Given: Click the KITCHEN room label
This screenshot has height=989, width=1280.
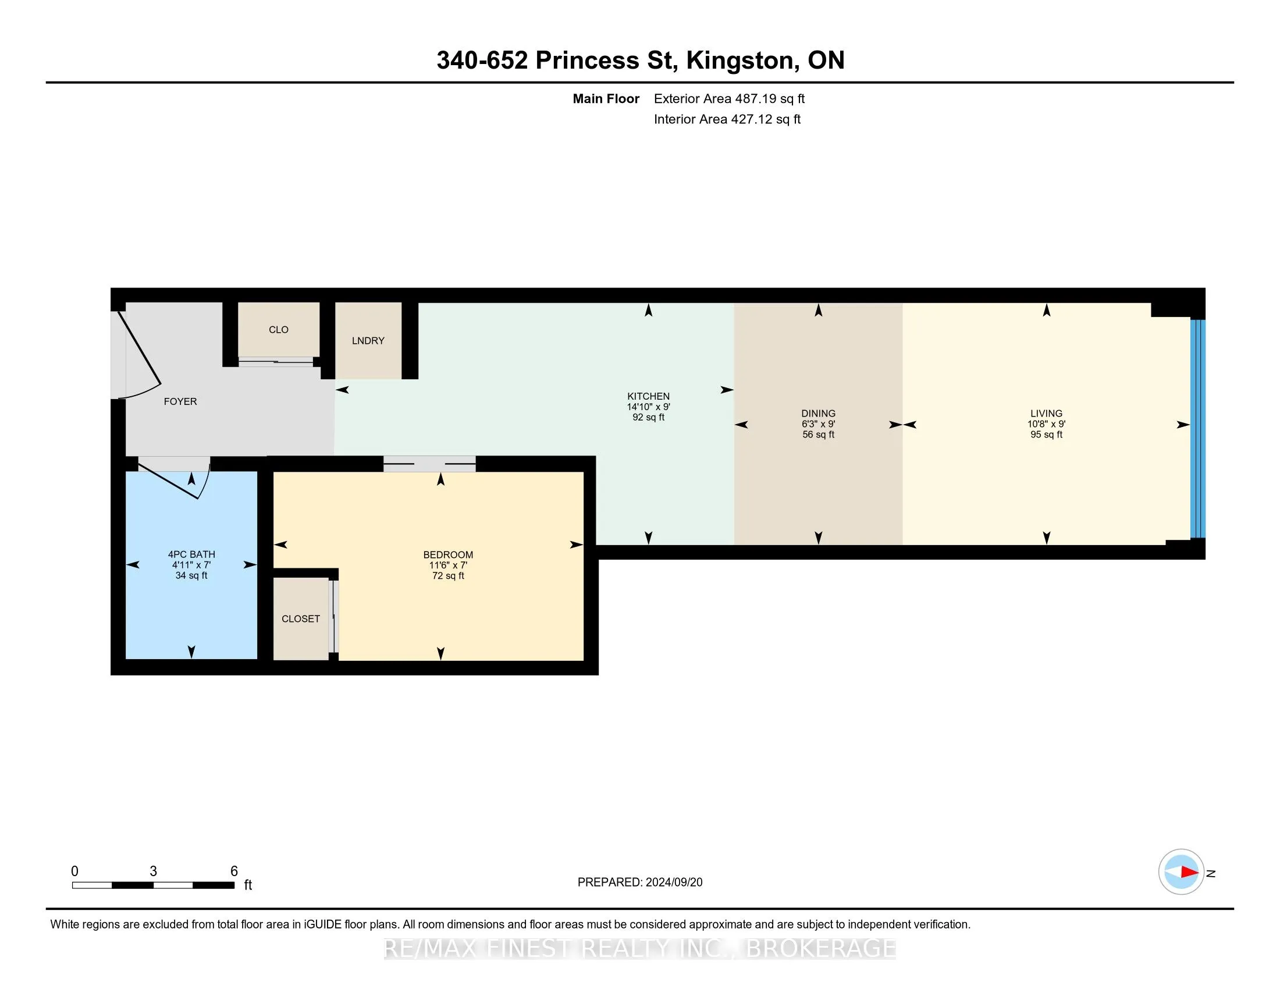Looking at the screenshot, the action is pos(648,396).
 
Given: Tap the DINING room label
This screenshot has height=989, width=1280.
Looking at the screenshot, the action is pos(818,413).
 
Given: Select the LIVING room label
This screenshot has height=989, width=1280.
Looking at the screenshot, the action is pos(1046,413).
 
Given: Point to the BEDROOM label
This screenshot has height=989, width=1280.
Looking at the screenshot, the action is pos(448,555).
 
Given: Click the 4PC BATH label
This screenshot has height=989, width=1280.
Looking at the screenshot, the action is pos(191,554).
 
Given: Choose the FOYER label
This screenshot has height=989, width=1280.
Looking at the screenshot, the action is pos(180,401).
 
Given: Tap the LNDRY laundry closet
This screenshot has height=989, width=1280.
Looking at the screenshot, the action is pos(368,340).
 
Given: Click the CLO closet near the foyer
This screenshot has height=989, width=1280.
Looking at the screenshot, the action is pos(278,329).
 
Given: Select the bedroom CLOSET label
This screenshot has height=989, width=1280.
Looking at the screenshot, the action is pos(301,619).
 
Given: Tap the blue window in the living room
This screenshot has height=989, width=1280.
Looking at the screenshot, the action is pos(1197,429).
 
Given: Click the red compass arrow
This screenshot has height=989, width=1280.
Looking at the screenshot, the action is pos(1189,872).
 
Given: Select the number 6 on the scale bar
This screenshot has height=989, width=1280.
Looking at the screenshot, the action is pos(234,871).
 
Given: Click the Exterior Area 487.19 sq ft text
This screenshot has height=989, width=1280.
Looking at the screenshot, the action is pos(729,98).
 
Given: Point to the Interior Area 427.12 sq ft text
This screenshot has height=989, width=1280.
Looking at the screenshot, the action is pos(727,119).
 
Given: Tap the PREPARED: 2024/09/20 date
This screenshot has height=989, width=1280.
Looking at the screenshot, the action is pos(640,883).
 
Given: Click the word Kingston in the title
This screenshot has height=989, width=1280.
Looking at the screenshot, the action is pos(740,61).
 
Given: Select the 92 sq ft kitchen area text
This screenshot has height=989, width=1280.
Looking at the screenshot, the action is pos(648,417).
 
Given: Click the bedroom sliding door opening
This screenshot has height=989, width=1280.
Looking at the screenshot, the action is pos(429,464).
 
